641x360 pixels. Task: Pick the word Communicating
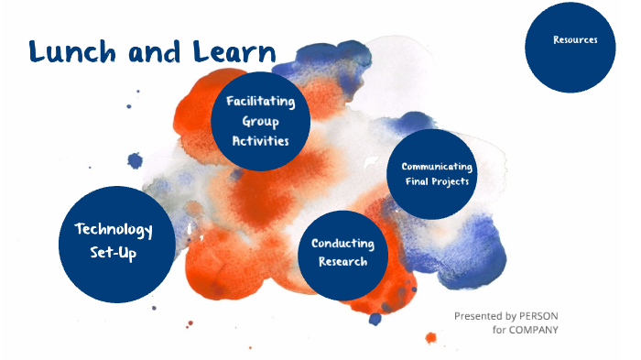coord(437,167)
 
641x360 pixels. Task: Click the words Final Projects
coord(437,181)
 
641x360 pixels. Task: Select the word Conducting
coord(342,244)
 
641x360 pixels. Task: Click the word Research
coord(342,262)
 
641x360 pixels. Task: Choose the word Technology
coord(113,229)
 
